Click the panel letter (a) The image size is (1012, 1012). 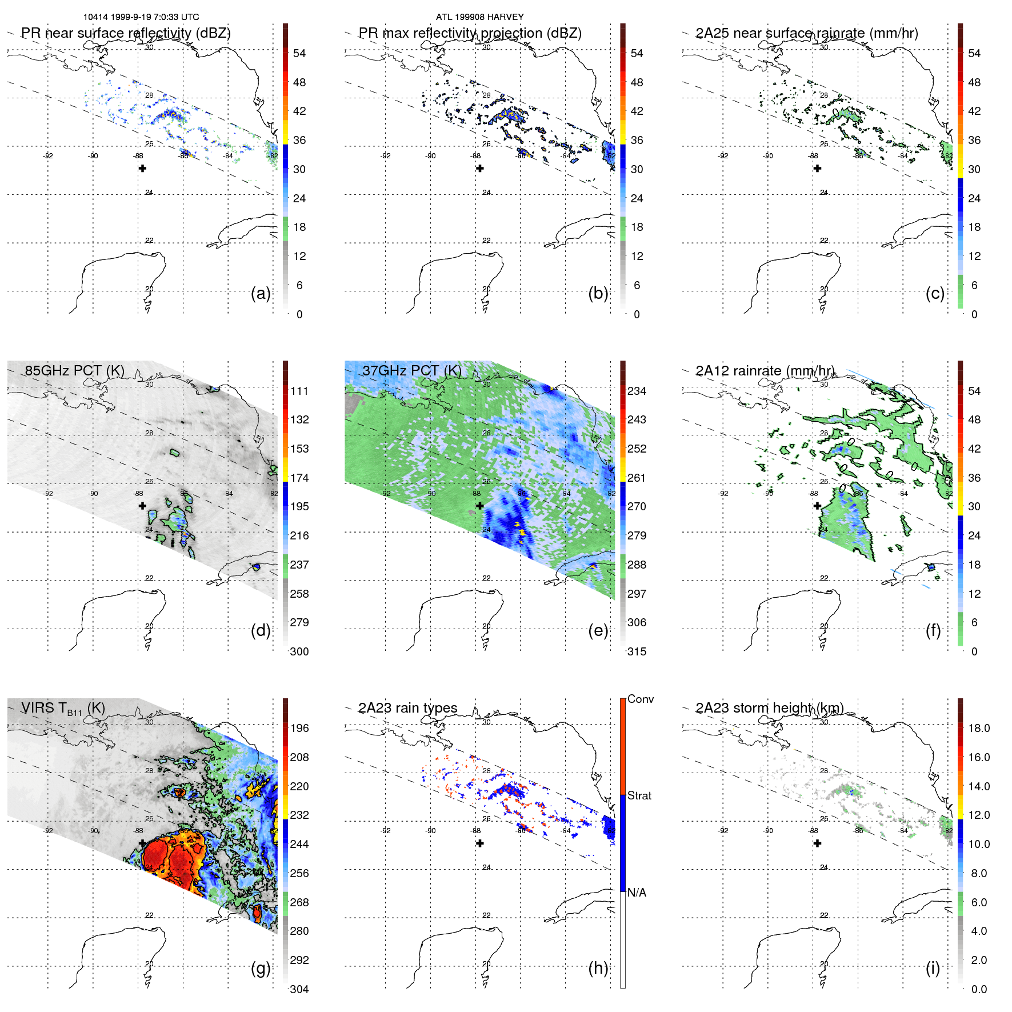261,294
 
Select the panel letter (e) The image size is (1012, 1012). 598,631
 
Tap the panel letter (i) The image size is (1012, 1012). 933,969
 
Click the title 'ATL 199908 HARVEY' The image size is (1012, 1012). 479,17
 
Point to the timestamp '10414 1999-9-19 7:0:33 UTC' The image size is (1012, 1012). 141,17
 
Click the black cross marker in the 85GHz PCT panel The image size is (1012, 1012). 142,506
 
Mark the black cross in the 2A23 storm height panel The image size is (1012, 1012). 817,843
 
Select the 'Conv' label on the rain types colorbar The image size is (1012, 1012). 640,699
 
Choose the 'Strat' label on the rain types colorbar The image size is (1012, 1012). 639,795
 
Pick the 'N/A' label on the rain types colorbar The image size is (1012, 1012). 637,893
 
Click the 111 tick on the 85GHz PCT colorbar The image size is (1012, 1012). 299,391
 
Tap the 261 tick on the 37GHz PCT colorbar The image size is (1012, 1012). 637,478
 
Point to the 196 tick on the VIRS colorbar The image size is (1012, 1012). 299,728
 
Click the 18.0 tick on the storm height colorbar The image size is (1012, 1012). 978,728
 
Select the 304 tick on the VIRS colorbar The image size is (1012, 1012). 299,989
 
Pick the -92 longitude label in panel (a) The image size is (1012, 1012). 48,156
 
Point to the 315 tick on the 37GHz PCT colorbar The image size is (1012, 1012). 637,651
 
